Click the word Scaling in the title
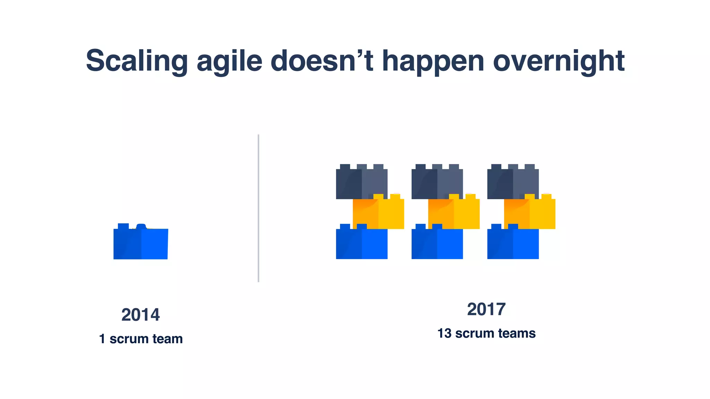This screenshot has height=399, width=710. pyautogui.click(x=137, y=61)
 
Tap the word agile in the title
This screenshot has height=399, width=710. pyautogui.click(x=229, y=61)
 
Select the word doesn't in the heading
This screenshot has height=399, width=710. pyautogui.click(x=321, y=61)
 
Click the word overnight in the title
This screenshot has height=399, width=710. pyautogui.click(x=559, y=61)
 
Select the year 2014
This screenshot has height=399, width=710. pyautogui.click(x=140, y=315)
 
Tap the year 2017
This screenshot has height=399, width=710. pyautogui.click(x=486, y=309)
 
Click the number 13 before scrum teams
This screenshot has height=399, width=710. pyautogui.click(x=444, y=333)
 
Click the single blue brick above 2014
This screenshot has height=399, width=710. pyautogui.click(x=140, y=243)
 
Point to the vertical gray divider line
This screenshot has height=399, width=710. pyautogui.click(x=258, y=208)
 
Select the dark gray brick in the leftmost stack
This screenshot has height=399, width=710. pyautogui.click(x=362, y=184)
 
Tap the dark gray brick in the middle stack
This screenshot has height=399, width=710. pyautogui.click(x=437, y=184)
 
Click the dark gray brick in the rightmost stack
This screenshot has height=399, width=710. pyautogui.click(x=513, y=184)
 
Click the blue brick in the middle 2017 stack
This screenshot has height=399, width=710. pyautogui.click(x=437, y=244)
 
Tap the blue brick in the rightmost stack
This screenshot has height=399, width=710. pyautogui.click(x=513, y=244)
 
